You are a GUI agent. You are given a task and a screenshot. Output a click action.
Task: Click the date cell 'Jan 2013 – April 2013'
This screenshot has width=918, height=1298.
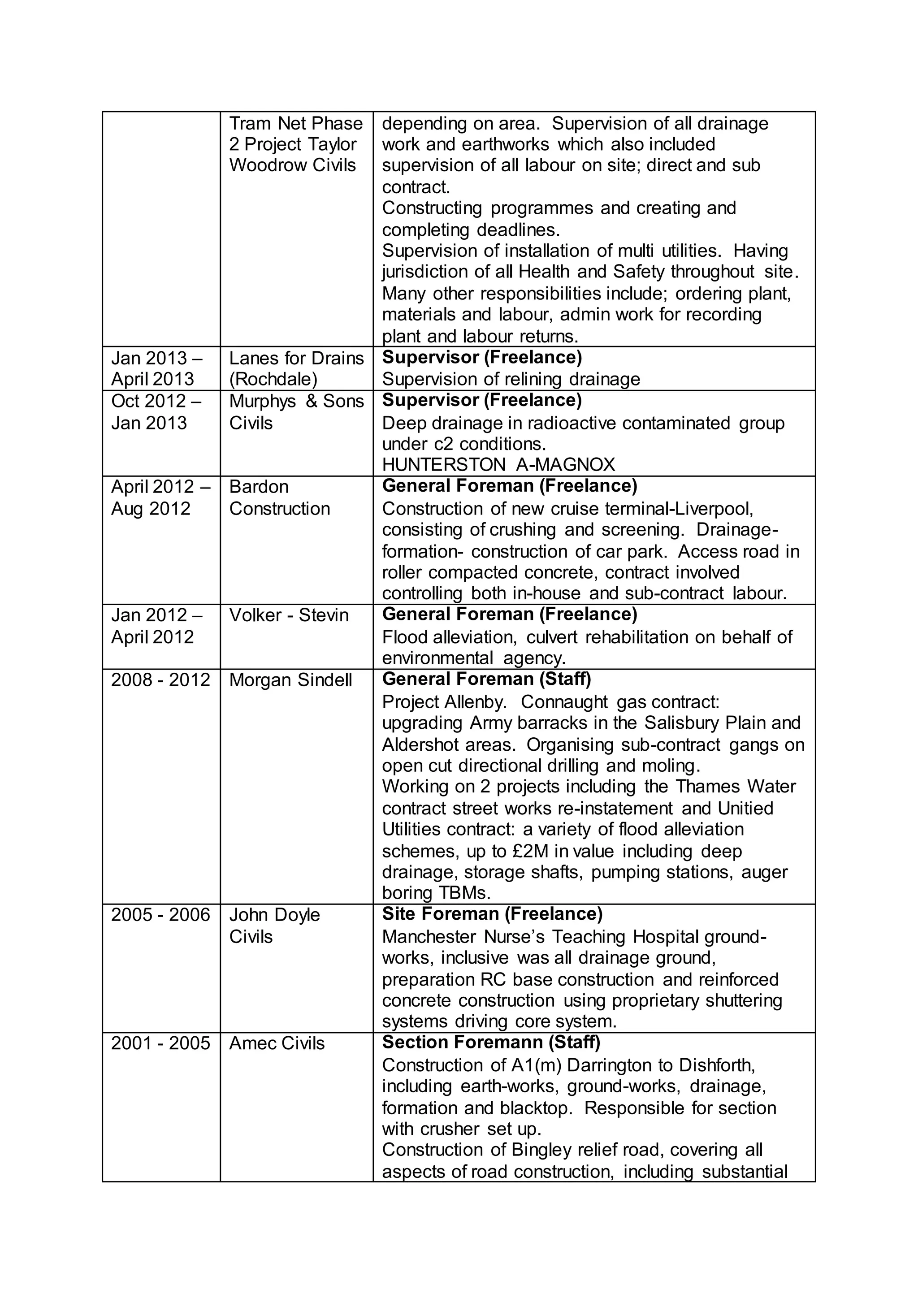coord(156,368)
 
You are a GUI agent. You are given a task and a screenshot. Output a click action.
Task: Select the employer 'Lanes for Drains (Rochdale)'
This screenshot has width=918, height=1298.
coord(296,368)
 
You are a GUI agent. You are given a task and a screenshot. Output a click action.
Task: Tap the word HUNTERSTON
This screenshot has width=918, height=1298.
coord(443,465)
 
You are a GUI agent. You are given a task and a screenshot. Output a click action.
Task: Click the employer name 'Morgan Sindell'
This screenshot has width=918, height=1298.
coord(290,679)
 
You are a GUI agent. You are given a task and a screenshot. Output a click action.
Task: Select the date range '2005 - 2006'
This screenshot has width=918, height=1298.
coord(160,915)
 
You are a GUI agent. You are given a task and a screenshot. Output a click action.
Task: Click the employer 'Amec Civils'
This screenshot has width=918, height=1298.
coord(277,1043)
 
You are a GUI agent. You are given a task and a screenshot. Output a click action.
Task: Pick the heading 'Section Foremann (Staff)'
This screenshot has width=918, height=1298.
coord(491,1042)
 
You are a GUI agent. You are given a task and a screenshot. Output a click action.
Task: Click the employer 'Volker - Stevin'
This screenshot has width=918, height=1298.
coord(288,615)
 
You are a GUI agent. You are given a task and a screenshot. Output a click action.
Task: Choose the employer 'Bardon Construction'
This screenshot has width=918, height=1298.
coord(279,498)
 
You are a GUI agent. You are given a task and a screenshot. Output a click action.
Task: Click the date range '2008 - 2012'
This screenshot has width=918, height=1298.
coord(160,679)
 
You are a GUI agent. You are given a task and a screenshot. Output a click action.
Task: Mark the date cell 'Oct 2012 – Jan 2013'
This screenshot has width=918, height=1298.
coord(156,411)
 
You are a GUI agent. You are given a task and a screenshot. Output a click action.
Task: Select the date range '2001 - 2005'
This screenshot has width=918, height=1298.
coord(160,1043)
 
